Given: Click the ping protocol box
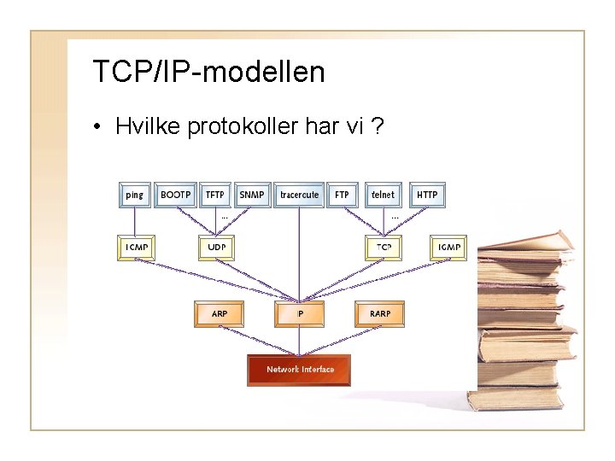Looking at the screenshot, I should [135, 195].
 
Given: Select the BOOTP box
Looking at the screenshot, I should [177, 195].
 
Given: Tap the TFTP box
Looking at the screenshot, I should [215, 195].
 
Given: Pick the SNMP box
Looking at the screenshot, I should [252, 195].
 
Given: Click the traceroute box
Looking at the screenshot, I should [299, 195].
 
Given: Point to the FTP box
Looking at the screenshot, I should [342, 195].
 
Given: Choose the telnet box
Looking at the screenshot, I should [384, 195].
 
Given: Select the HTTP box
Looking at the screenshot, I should [427, 195].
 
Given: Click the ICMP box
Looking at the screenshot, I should [137, 248].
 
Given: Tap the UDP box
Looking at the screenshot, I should [215, 248].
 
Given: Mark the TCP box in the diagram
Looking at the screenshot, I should [384, 248].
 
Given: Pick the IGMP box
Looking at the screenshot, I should [449, 248].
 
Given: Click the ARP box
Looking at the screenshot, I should [220, 314].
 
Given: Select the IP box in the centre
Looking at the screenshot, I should [300, 314].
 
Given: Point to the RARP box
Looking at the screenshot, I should [380, 314].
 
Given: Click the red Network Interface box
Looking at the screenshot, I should [299, 370].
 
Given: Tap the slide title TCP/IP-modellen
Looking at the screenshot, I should [208, 72].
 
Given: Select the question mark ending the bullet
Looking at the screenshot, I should [378, 126].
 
